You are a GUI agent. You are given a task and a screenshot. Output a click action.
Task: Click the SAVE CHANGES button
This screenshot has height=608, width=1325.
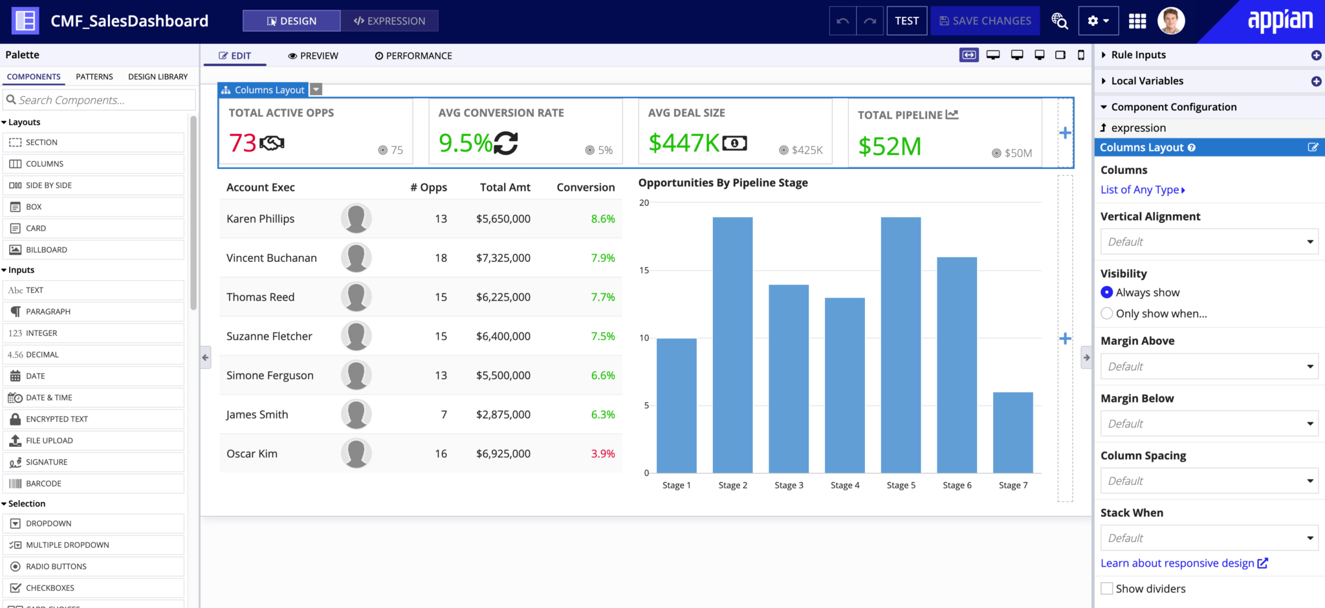coord(985,21)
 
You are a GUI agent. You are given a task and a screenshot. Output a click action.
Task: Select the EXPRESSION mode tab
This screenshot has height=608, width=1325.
coord(389,21)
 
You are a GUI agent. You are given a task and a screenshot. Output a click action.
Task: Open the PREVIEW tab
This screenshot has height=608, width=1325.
coord(313,56)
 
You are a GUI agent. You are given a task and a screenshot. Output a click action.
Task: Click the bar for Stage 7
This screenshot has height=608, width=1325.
coord(1013,432)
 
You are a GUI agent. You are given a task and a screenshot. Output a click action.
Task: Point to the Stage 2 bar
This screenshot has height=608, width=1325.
coord(732,345)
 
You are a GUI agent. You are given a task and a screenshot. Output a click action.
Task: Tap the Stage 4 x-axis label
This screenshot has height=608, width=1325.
coord(845,485)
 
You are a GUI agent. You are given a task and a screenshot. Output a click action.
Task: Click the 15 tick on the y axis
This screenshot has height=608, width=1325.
coord(644,270)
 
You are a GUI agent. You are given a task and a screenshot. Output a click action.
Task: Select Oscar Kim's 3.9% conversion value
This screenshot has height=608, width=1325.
coord(603,453)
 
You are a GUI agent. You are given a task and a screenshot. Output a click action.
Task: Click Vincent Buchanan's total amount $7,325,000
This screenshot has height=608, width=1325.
coord(503,258)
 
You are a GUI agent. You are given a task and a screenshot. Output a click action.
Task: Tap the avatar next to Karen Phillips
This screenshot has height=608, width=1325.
coord(356,219)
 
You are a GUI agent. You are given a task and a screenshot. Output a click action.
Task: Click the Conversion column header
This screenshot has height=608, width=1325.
coord(586,188)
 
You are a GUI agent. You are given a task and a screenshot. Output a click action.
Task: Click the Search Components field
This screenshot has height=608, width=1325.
coord(100,100)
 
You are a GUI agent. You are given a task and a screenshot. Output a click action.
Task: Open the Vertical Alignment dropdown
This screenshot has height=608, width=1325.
coord(1209,242)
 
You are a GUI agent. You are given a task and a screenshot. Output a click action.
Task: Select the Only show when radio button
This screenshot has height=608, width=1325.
coord(1107,314)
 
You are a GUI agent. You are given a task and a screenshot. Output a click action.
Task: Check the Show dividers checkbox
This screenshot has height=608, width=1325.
coord(1107,589)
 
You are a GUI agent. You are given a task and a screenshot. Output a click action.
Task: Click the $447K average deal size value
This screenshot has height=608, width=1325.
coord(684,143)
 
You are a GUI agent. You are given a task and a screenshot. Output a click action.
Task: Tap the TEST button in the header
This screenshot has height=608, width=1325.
coord(907,21)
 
